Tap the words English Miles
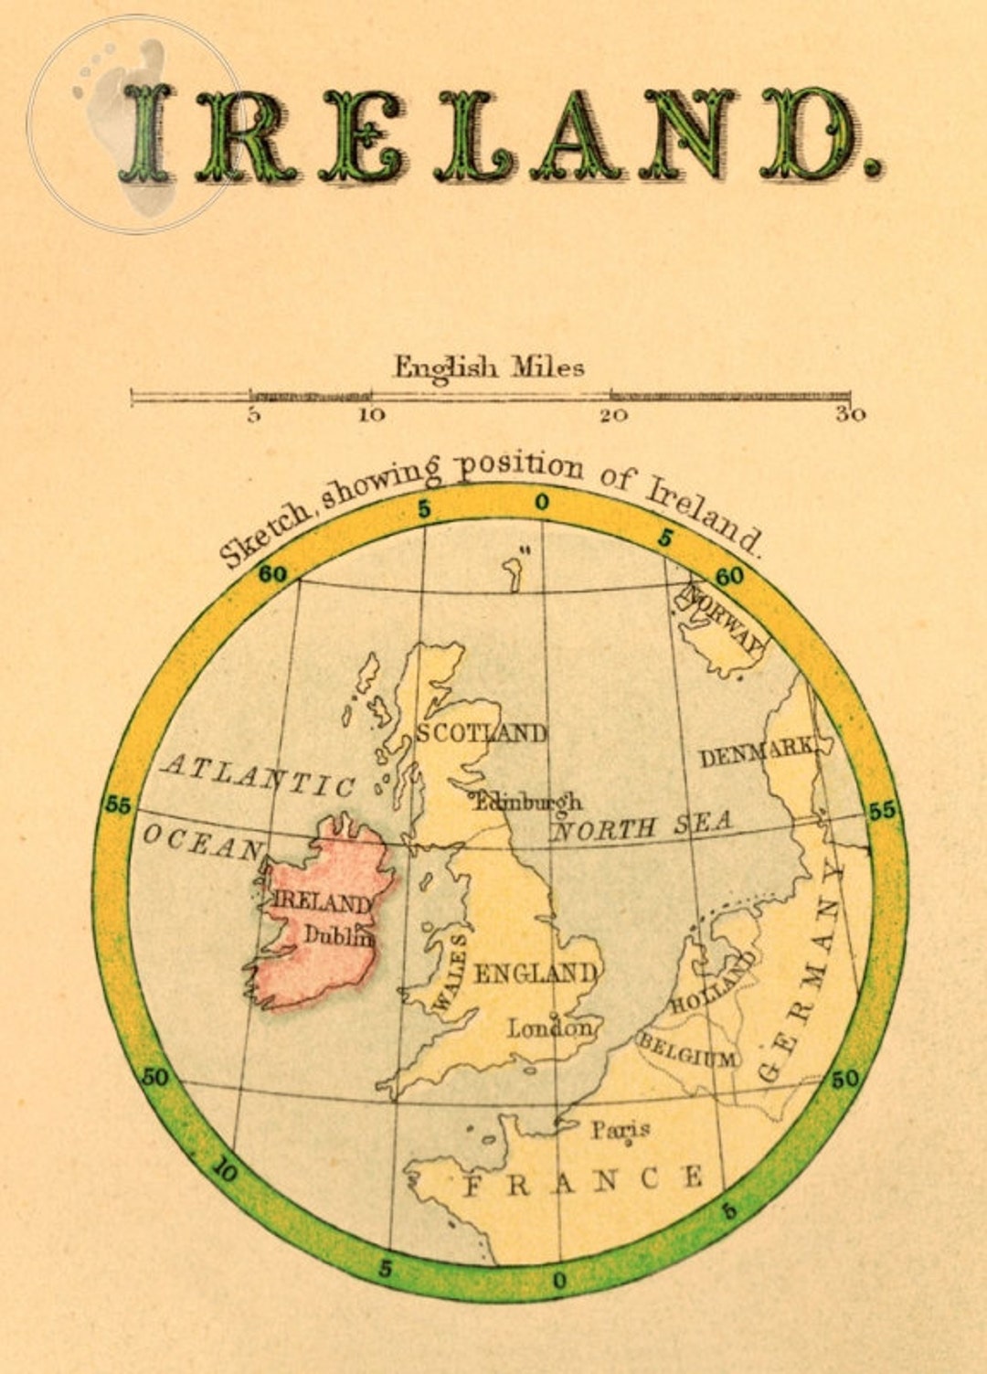(x=489, y=367)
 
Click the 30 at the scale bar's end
(x=850, y=415)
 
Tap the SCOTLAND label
(x=482, y=733)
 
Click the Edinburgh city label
(x=528, y=802)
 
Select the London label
(x=550, y=1028)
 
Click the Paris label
(x=620, y=1130)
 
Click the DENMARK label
(x=757, y=753)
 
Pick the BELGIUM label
(x=687, y=1051)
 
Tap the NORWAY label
(x=722, y=617)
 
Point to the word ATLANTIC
(x=257, y=776)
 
